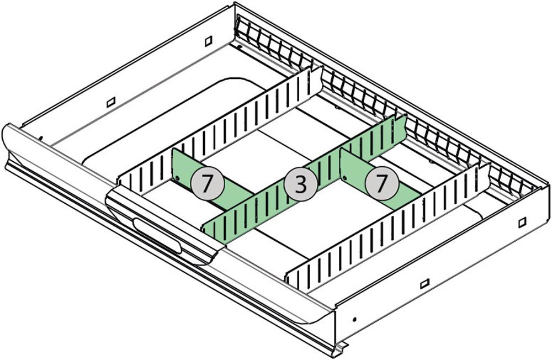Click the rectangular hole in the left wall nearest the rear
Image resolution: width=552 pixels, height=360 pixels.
click(x=208, y=41)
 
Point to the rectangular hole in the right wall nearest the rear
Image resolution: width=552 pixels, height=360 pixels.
click(x=522, y=221)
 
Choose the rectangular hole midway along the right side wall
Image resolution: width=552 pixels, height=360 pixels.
click(x=424, y=284)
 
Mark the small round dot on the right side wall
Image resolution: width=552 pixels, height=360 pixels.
click(x=354, y=319)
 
